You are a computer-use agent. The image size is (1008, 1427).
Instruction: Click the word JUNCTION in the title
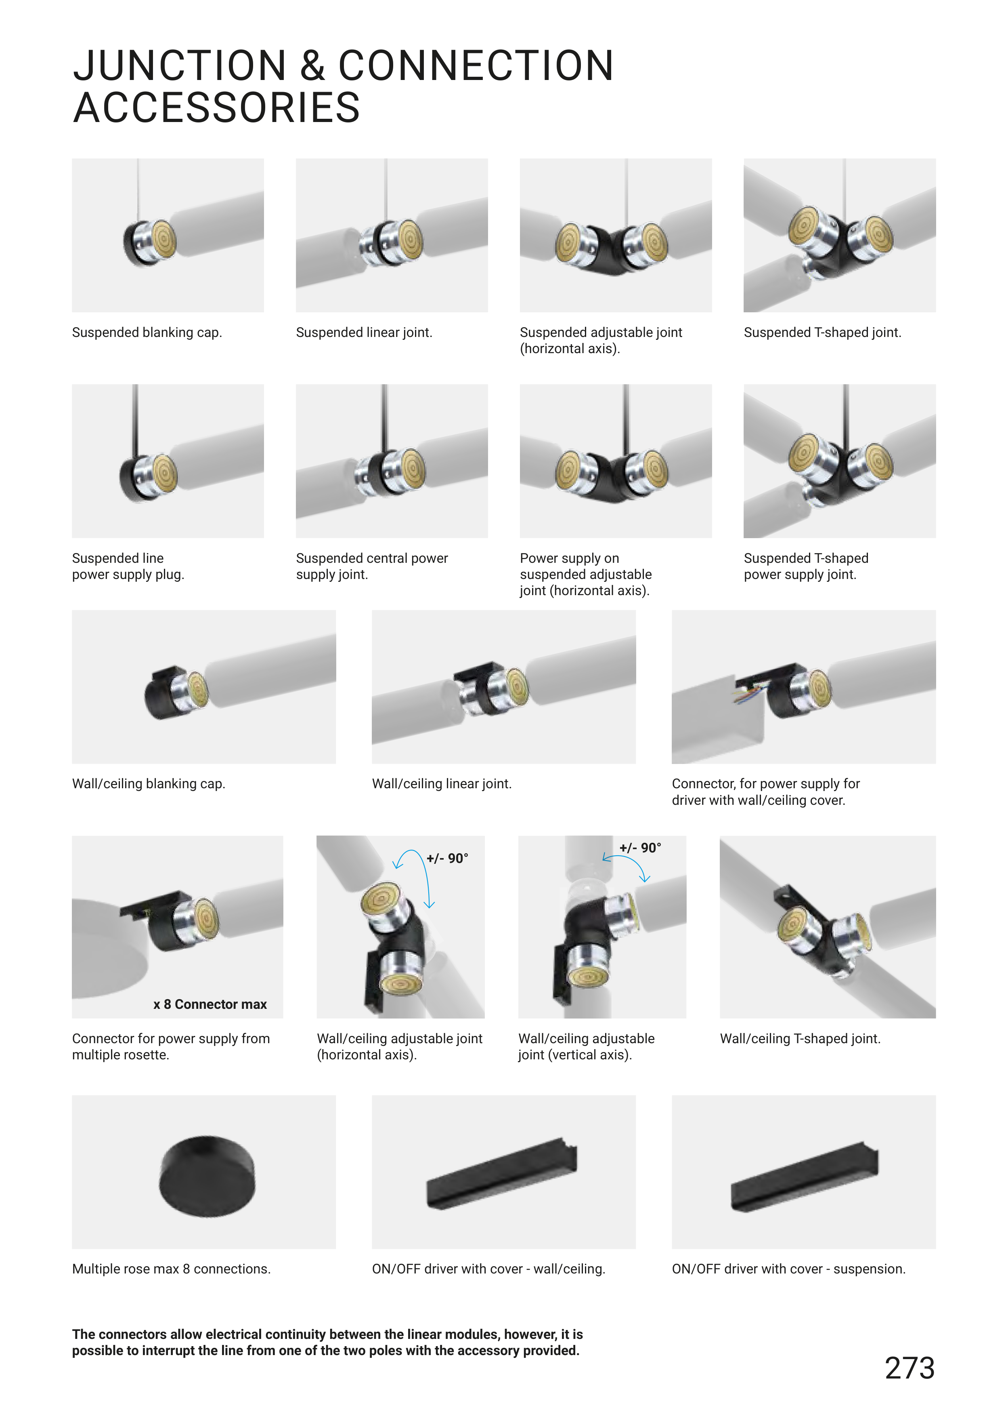180,66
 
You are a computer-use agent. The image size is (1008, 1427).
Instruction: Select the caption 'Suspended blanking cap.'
147,333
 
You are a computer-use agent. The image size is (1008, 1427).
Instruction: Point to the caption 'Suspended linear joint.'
364,333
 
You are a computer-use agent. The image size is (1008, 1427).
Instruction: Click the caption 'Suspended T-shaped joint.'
822,333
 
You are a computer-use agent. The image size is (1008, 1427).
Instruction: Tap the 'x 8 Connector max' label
210,1004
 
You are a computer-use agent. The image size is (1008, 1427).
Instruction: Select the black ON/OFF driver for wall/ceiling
502,1174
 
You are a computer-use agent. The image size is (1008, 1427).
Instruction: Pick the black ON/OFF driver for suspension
804,1177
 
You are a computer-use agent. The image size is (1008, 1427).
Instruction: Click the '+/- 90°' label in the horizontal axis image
447,858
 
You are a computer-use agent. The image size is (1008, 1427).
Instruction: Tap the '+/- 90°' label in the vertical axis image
640,848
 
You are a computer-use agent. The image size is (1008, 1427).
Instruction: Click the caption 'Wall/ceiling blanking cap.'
149,784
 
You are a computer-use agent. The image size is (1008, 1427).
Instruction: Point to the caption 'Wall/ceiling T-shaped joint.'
800,1039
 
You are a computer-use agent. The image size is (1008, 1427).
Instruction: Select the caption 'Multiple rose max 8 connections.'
172,1269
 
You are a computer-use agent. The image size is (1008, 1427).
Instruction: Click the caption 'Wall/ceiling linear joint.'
442,784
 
